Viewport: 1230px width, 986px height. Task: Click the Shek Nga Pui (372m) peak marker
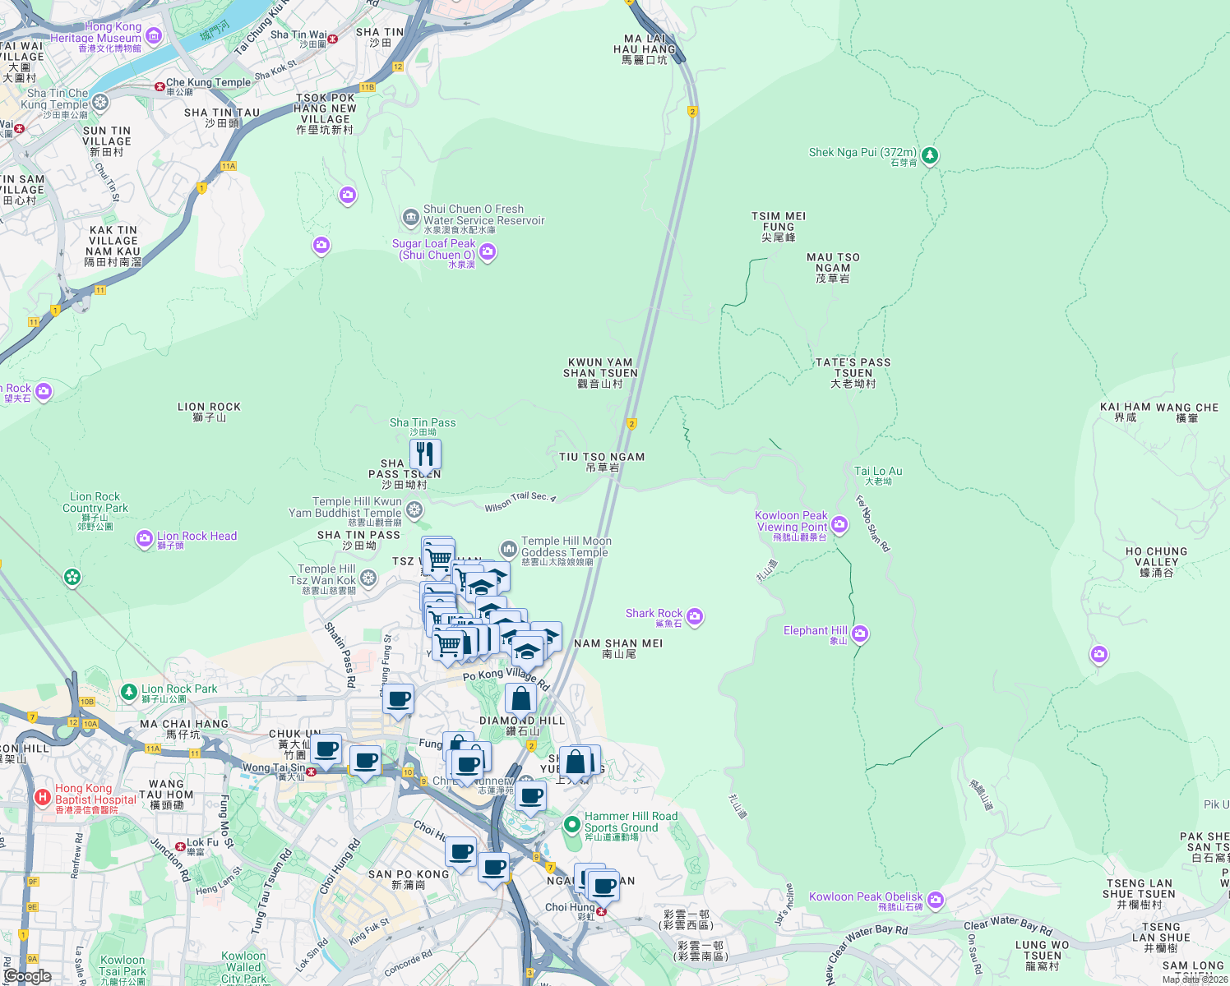[x=930, y=154]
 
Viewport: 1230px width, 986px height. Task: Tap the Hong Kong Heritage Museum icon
[x=153, y=37]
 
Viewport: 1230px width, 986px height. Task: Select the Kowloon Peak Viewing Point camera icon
[x=839, y=524]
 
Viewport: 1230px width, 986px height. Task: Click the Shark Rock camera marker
[x=695, y=616]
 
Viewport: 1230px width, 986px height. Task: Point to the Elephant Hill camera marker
[x=860, y=634]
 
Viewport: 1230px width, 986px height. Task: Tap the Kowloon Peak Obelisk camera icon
[x=936, y=901]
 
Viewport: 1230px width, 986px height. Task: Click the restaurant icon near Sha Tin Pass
[x=425, y=454]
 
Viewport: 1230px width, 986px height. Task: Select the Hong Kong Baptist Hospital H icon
[x=42, y=797]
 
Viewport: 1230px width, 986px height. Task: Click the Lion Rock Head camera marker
[x=145, y=539]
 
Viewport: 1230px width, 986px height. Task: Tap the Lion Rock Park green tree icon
[x=128, y=692]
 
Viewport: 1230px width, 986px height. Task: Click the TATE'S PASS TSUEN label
[x=853, y=372]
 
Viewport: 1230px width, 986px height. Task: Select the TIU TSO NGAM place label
[x=602, y=462]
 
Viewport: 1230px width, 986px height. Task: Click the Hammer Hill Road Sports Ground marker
[x=572, y=823]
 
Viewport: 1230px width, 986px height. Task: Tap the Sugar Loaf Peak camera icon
[x=488, y=251]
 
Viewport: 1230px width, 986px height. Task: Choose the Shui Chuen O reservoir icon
[x=410, y=218]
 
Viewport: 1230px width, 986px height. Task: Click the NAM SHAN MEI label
[x=618, y=648]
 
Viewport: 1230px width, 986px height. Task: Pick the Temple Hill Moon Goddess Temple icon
[x=509, y=549]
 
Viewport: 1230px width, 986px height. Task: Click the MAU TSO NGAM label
[x=833, y=267]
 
